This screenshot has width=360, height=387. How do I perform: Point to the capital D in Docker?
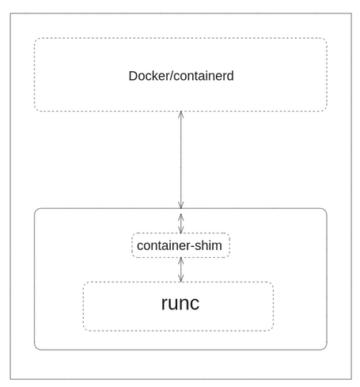[x=133, y=77]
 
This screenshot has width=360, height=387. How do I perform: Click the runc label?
[x=180, y=304]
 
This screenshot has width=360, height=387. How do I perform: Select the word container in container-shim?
[x=164, y=245]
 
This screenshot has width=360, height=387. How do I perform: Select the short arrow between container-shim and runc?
[x=181, y=270]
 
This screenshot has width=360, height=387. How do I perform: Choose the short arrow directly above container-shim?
[x=181, y=222]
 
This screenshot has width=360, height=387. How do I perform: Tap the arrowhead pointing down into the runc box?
[x=181, y=279]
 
